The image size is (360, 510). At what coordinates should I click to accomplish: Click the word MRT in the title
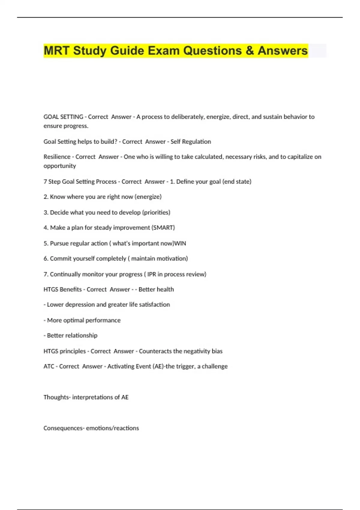pyautogui.click(x=57, y=50)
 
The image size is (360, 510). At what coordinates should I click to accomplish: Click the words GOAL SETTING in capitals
pyautogui.click(x=63, y=117)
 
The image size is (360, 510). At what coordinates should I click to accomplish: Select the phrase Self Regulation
pyautogui.click(x=190, y=142)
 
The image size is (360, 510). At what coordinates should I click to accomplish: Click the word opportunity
pyautogui.click(x=59, y=166)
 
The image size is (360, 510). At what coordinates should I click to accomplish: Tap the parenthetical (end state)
pyautogui.click(x=237, y=181)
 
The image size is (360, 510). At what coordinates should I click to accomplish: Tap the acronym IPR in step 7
pyautogui.click(x=151, y=274)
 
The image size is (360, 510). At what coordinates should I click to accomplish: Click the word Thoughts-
pyautogui.click(x=57, y=397)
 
